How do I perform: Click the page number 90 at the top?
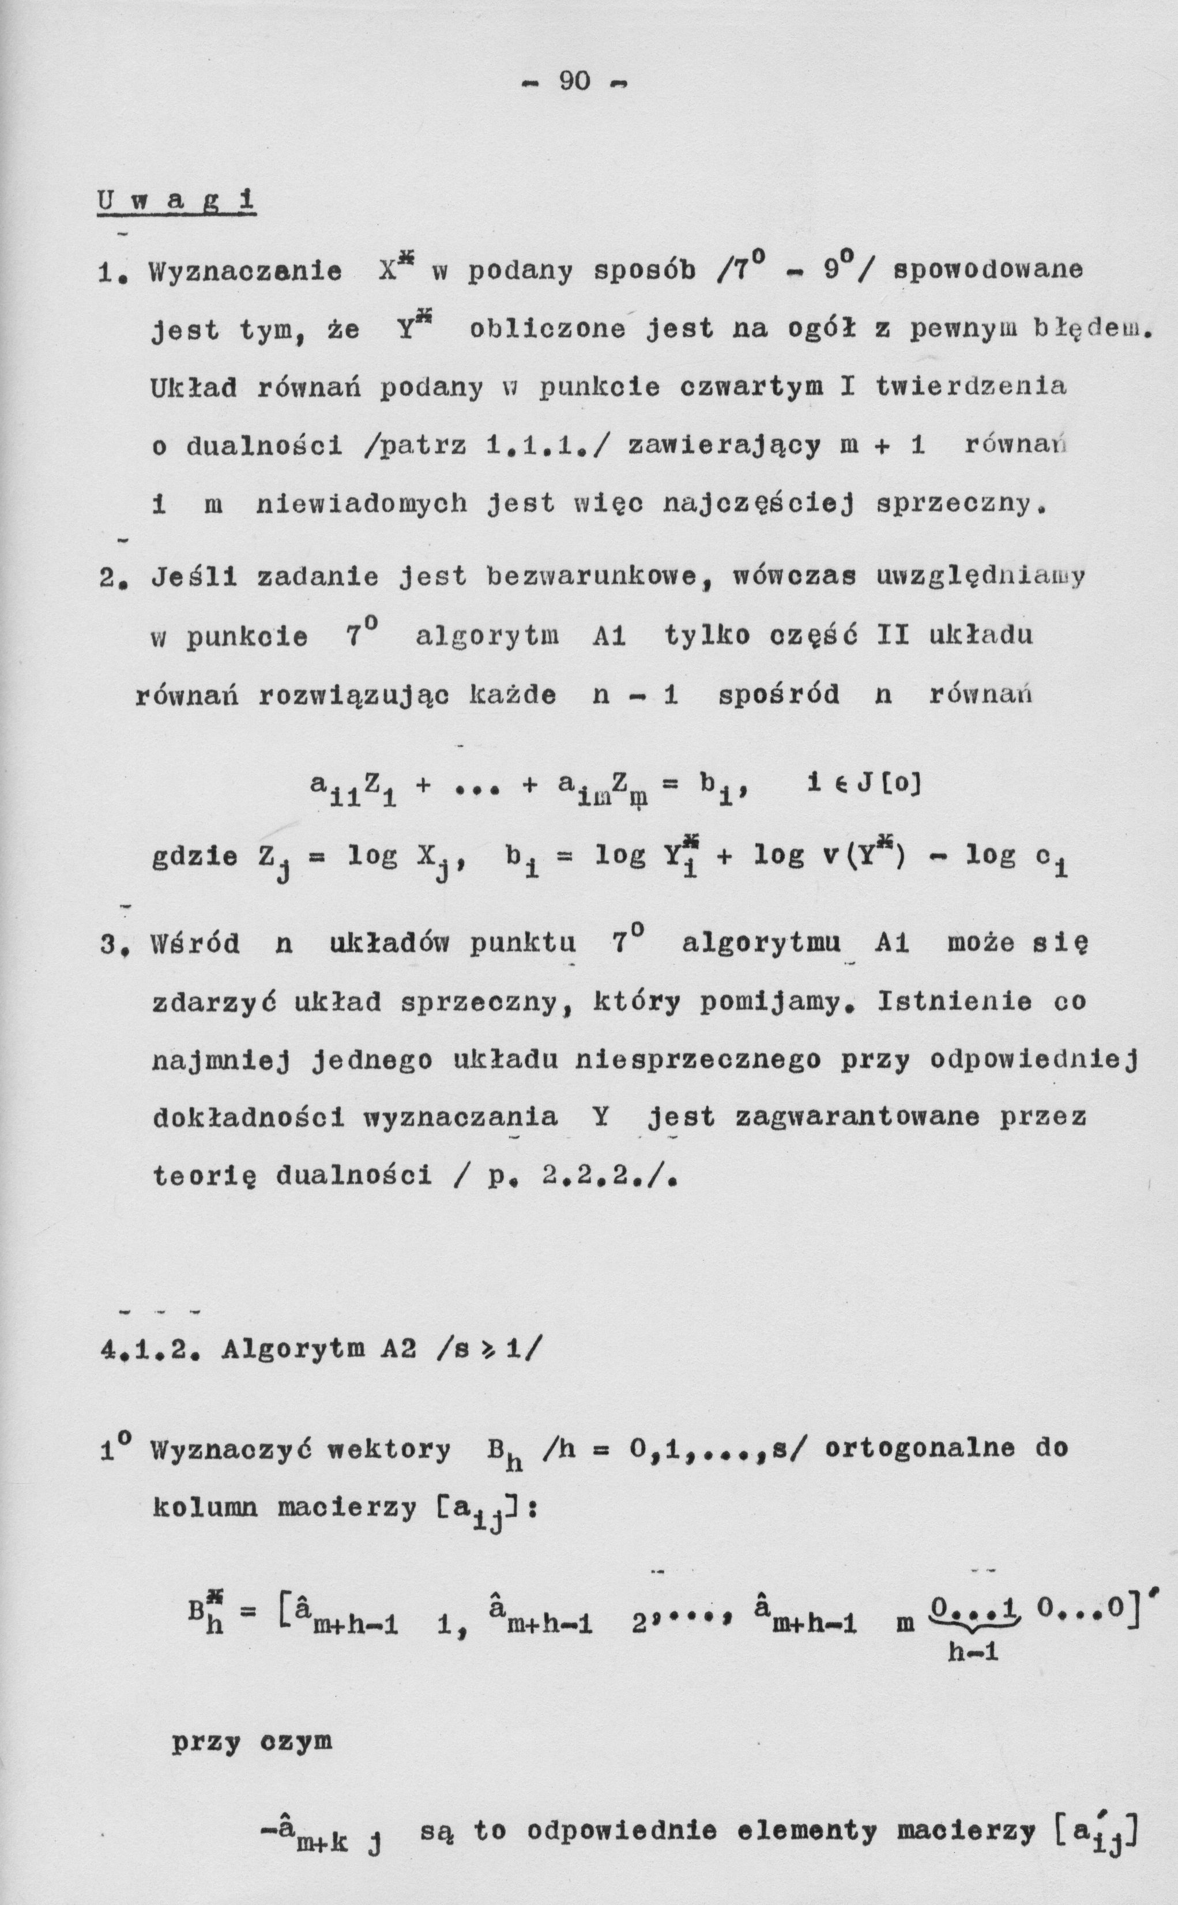click(x=574, y=81)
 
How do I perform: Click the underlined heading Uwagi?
click(x=177, y=202)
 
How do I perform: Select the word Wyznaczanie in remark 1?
click(x=246, y=271)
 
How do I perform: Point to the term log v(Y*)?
click(x=830, y=856)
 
